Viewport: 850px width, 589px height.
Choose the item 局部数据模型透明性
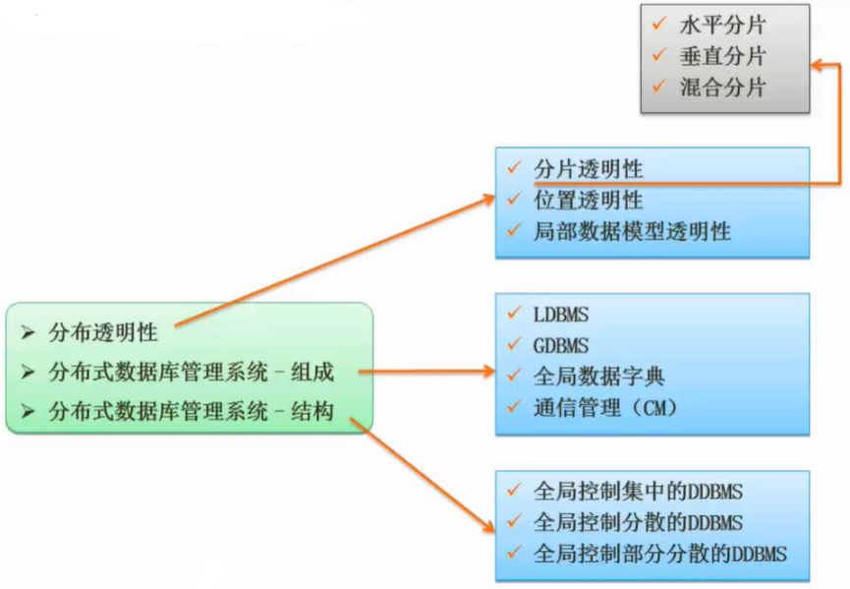(x=632, y=231)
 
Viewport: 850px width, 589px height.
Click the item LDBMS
(x=561, y=315)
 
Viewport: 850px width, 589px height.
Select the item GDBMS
(x=561, y=345)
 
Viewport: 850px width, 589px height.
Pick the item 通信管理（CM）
(x=605, y=406)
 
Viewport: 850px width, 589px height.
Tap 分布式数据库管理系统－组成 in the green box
(x=192, y=373)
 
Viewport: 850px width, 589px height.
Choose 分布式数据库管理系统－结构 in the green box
(x=192, y=412)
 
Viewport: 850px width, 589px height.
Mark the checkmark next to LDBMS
(x=513, y=314)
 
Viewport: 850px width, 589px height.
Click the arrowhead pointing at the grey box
(x=817, y=65)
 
